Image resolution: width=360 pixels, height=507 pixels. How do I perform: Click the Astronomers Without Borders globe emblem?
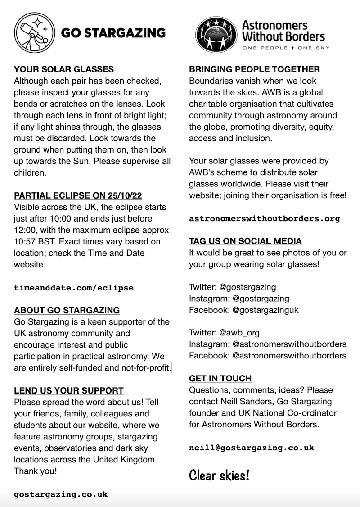click(216, 35)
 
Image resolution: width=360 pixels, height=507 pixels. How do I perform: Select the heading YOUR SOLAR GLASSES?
click(64, 69)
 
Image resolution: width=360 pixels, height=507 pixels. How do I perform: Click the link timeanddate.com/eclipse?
click(74, 287)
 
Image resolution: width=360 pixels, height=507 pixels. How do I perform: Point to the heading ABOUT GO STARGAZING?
click(67, 310)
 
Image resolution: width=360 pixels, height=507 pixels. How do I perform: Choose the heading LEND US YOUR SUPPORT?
click(69, 390)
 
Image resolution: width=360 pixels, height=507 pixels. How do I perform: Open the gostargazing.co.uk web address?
click(61, 494)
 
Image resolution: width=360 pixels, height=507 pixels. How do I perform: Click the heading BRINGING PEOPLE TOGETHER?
click(254, 69)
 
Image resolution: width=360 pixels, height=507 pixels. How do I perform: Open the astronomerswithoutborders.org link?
click(265, 218)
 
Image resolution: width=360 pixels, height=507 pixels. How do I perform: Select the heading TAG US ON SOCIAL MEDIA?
click(245, 241)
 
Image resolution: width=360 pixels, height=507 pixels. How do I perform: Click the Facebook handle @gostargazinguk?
click(265, 310)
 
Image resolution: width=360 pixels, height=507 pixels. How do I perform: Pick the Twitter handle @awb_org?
click(239, 333)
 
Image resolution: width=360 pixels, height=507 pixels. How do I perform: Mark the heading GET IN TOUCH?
click(220, 379)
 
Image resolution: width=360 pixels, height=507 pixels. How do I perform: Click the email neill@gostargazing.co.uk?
click(252, 448)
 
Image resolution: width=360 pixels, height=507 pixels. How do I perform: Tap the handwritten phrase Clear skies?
click(219, 475)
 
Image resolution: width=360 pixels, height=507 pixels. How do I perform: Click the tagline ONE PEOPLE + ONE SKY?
click(286, 47)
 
